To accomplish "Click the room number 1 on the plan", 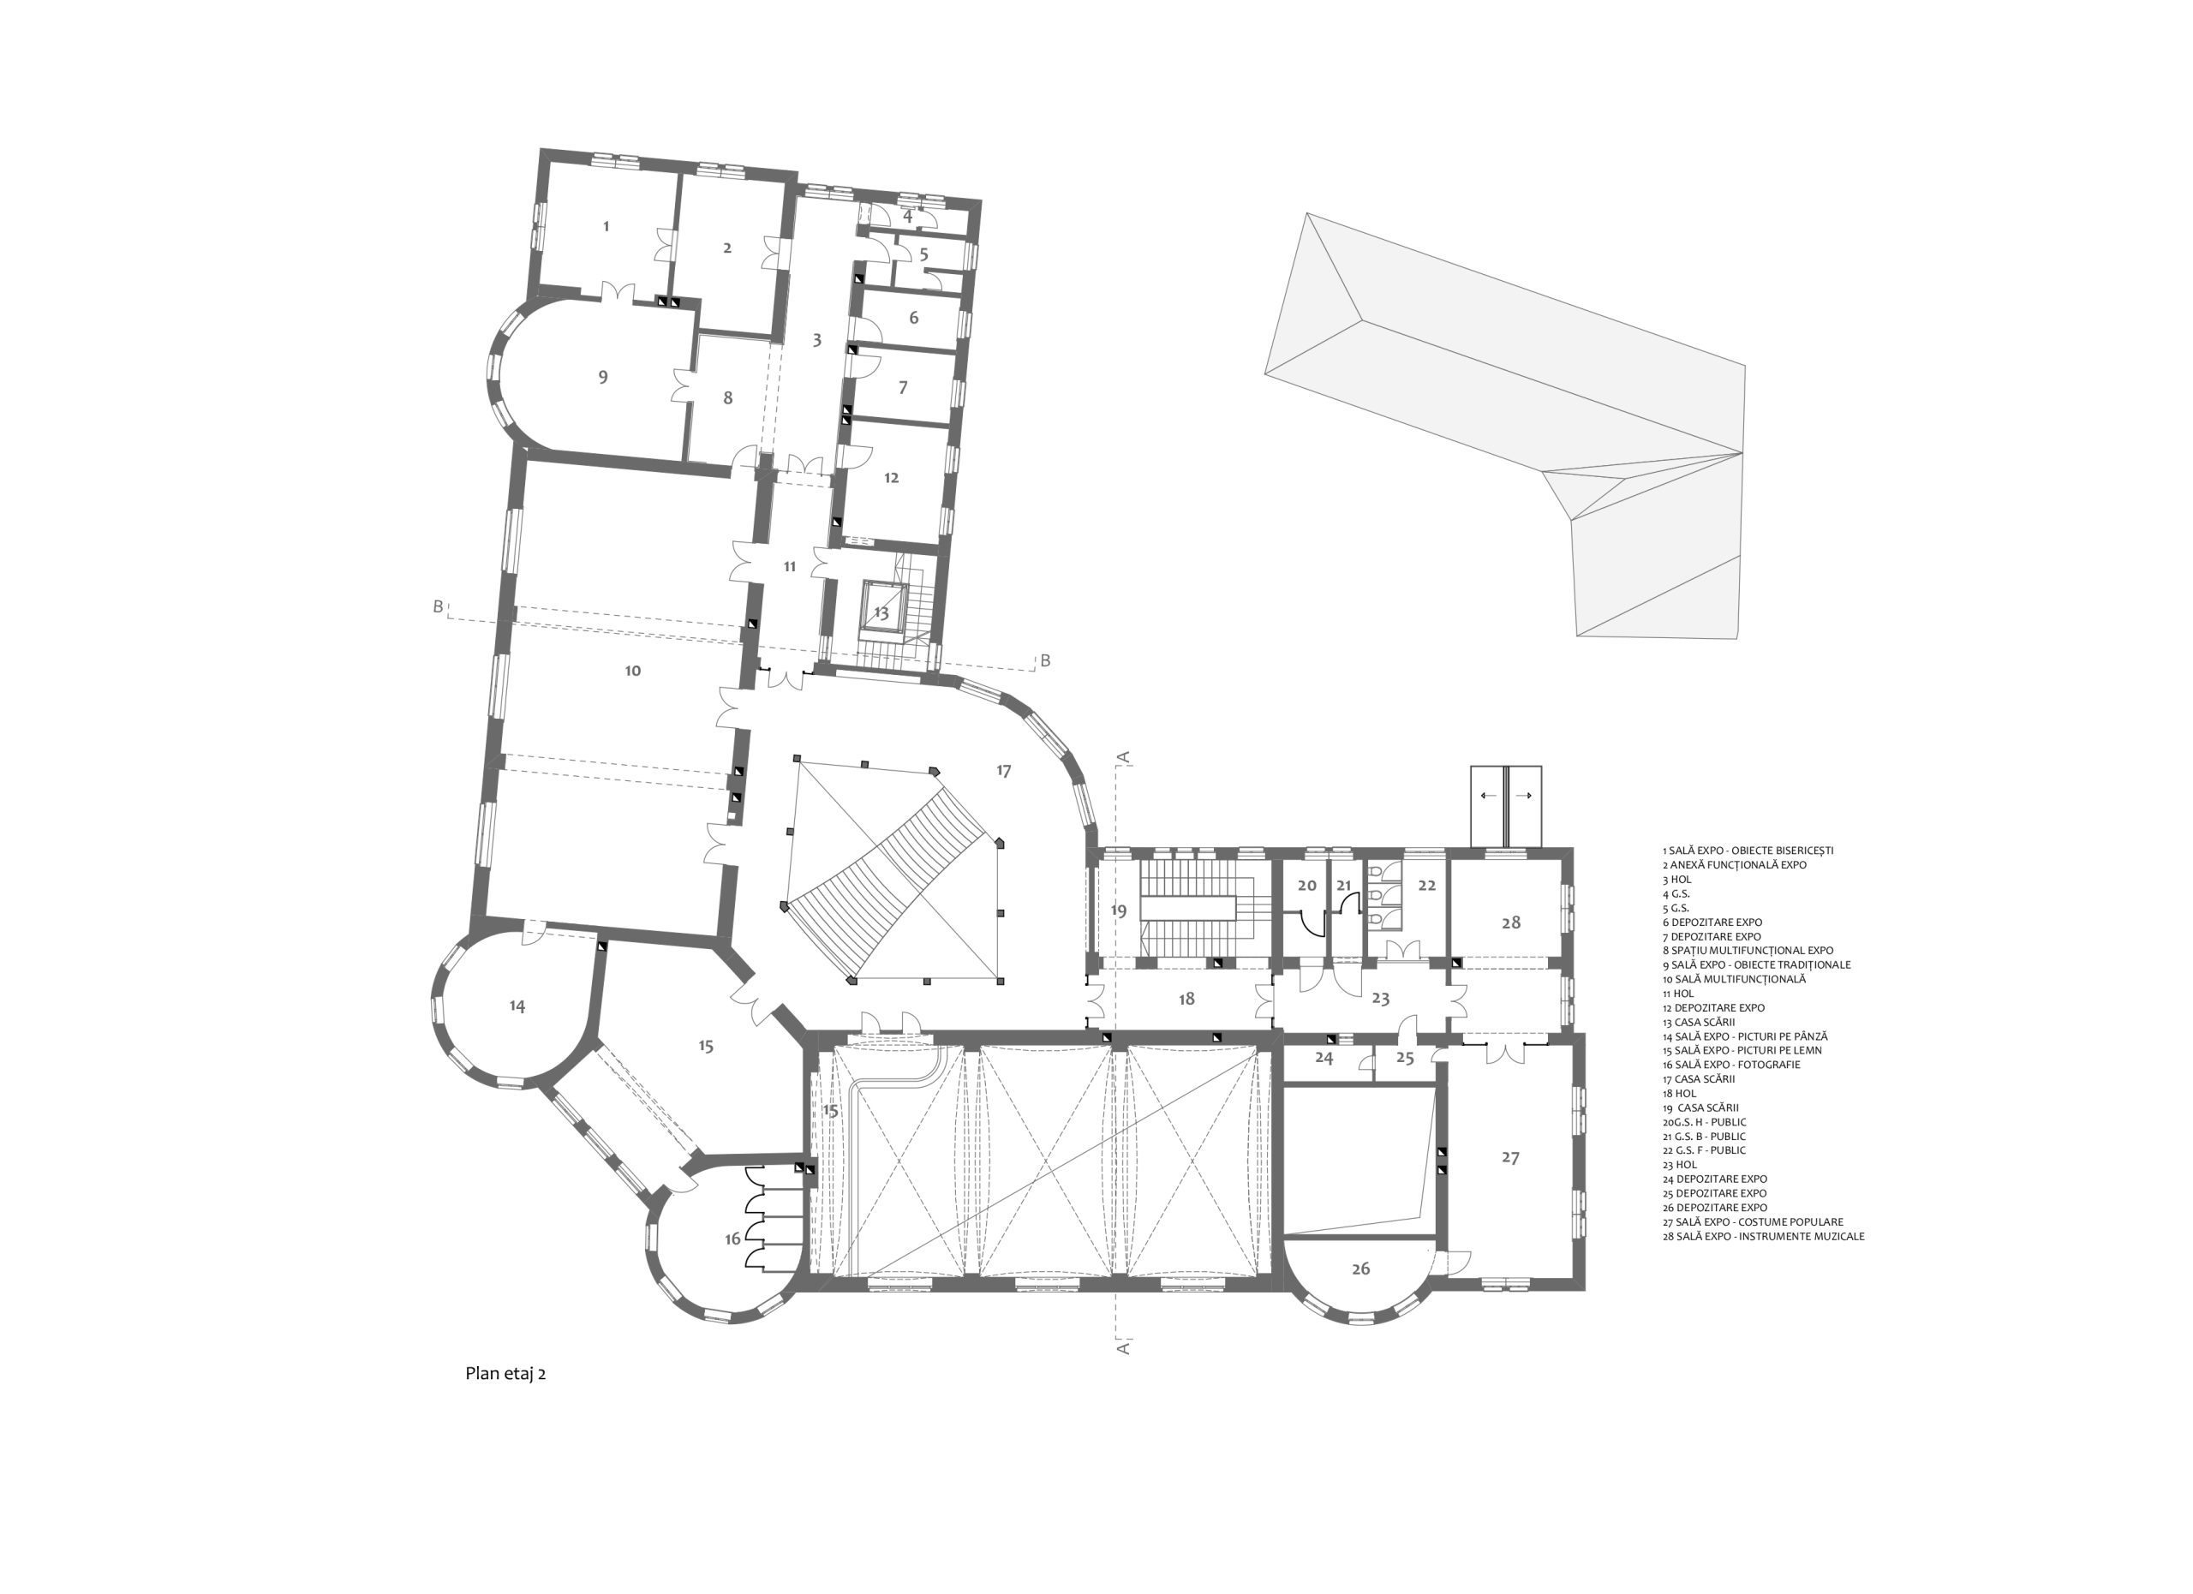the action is click(x=607, y=226).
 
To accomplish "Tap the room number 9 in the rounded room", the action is click(x=603, y=377).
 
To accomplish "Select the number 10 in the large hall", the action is click(x=632, y=671).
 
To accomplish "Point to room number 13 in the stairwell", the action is click(x=881, y=613).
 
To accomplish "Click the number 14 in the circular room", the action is click(x=517, y=1006).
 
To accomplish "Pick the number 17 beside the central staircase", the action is click(x=1004, y=770).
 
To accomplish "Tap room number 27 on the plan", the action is click(x=1510, y=1157).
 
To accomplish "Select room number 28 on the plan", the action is click(x=1511, y=922).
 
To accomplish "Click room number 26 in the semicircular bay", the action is click(x=1360, y=1269).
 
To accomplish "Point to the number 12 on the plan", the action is click(x=892, y=478).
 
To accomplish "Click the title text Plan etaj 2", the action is click(x=505, y=1374).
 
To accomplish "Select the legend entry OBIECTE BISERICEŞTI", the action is click(x=1748, y=851).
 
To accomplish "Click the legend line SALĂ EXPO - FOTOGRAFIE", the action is click(x=1732, y=1065).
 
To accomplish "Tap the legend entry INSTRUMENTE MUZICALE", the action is click(x=1764, y=1236).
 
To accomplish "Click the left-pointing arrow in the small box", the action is click(x=1488, y=796).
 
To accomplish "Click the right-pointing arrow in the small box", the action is click(x=1524, y=796).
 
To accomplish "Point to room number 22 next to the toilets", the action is click(x=1427, y=886).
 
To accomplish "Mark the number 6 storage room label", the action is click(x=914, y=318).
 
